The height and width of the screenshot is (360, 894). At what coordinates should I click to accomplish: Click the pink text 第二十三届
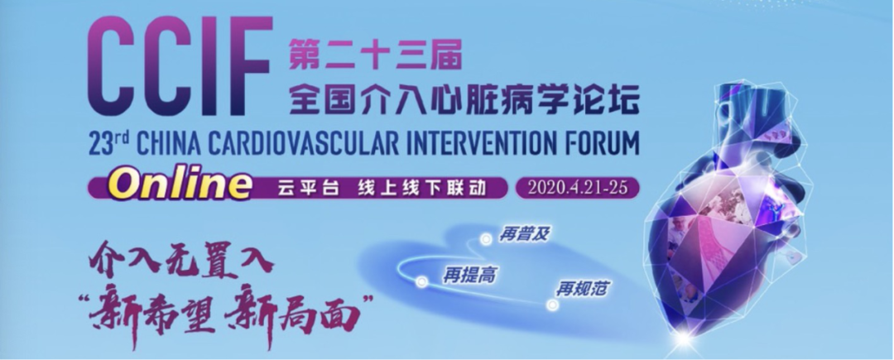click(373, 55)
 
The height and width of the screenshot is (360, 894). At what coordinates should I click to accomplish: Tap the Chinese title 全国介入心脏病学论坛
click(464, 103)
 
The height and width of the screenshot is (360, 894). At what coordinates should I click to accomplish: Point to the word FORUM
click(600, 146)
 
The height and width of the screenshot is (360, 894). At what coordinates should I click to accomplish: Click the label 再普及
click(524, 235)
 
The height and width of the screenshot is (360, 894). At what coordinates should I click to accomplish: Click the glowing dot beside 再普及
click(486, 240)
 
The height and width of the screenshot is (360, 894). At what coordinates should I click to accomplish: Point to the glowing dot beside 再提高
click(421, 281)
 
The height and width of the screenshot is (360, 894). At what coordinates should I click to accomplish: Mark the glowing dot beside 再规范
click(551, 305)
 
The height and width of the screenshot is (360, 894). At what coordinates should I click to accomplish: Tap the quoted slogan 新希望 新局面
click(228, 311)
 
